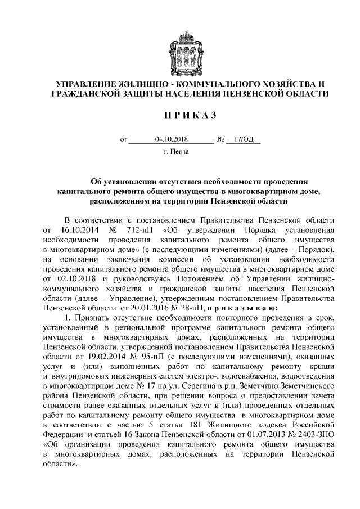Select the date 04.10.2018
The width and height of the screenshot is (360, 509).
point(171,138)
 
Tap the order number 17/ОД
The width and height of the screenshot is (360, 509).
point(243,138)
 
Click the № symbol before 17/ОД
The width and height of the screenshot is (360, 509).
point(220,139)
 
